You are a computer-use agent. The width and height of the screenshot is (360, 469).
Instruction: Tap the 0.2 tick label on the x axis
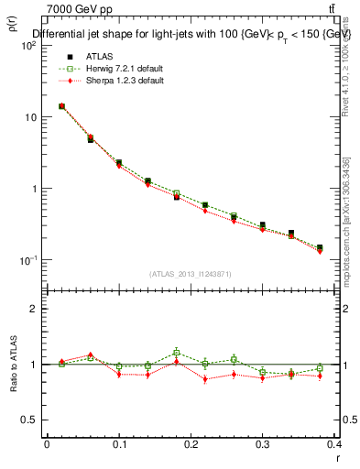point(190,444)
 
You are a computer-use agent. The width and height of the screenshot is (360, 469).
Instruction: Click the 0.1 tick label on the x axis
point(118,444)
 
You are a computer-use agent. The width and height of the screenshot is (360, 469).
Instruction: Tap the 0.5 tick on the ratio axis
point(31,420)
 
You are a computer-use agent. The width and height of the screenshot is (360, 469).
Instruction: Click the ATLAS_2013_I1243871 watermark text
point(190,274)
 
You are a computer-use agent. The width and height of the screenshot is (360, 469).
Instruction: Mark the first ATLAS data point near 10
point(61,106)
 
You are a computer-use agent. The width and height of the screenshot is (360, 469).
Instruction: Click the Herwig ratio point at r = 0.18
point(176,352)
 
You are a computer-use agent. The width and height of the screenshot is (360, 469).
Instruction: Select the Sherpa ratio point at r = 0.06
point(90,354)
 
